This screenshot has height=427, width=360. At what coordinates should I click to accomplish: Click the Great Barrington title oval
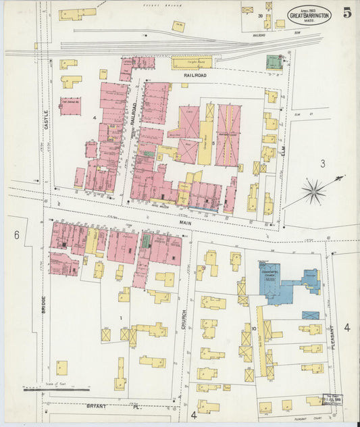309,15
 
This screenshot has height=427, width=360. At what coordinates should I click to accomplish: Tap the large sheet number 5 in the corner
346,13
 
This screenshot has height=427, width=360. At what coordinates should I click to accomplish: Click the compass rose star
313,191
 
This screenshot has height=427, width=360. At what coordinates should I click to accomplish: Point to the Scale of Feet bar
57,389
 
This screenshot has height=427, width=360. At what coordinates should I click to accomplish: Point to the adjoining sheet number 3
323,163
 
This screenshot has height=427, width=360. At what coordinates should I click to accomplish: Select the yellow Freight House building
192,64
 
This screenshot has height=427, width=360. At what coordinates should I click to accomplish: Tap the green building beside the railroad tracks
274,62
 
